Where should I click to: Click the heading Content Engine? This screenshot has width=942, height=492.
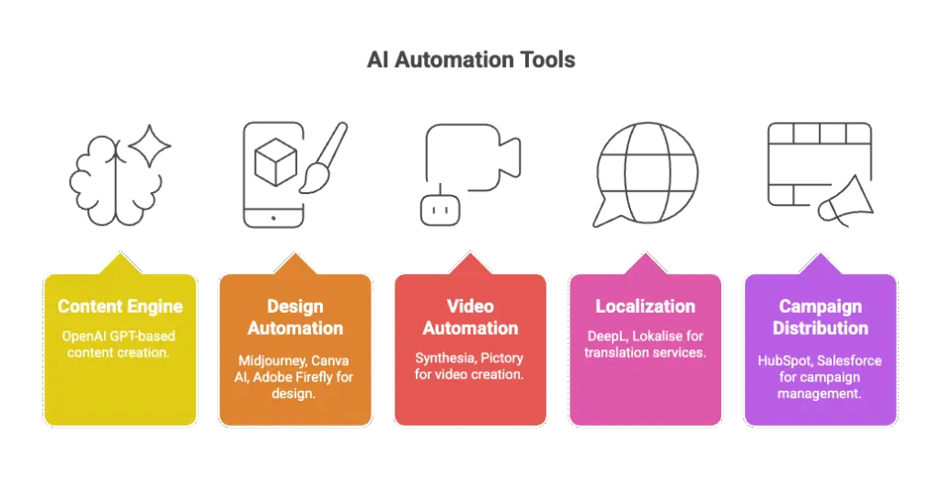[x=120, y=306]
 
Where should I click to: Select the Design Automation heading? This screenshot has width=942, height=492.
[x=295, y=317]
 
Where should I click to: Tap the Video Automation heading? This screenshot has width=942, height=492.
[x=470, y=317]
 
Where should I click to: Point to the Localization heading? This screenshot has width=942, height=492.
[x=645, y=306]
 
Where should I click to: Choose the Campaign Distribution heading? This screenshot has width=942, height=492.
[x=820, y=317]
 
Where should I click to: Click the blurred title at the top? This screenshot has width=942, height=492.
[x=470, y=63]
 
